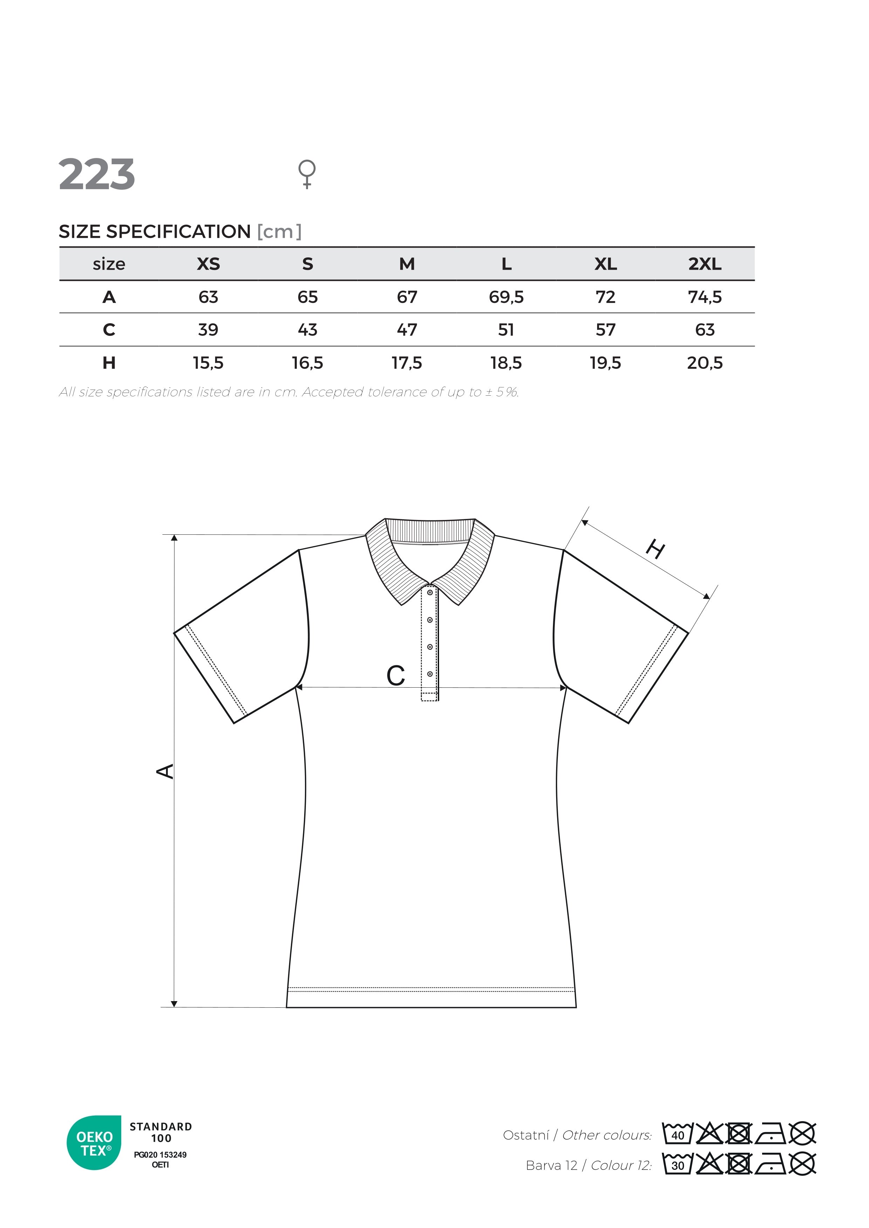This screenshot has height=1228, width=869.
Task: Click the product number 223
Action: tap(96, 174)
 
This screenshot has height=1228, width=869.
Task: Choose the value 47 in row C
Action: tap(407, 329)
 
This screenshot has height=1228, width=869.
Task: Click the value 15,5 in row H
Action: tap(208, 363)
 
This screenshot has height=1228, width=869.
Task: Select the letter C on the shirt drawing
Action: tap(396, 676)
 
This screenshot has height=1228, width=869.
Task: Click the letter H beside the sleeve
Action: tap(656, 549)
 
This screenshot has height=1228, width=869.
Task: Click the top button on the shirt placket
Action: tap(430, 592)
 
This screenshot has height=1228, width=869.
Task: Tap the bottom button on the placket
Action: tap(430, 674)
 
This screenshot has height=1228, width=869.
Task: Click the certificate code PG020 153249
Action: tap(160, 1155)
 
